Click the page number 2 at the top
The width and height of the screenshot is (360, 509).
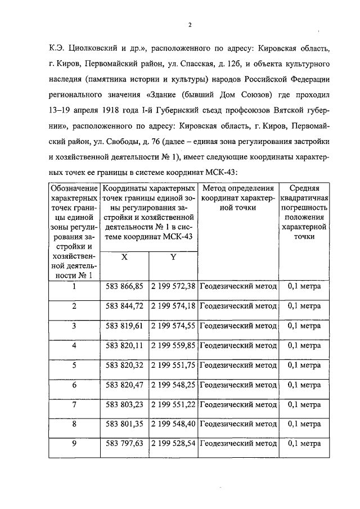click(190, 25)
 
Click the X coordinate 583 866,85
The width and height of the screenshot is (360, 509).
click(125, 286)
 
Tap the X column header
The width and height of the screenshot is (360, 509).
click(125, 256)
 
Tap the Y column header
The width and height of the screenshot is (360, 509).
click(173, 256)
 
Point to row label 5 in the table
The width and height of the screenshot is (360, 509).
click(74, 365)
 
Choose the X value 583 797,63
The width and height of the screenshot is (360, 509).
click(125, 444)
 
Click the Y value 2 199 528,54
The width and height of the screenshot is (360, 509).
click(173, 444)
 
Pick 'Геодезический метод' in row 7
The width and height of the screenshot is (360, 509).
click(238, 404)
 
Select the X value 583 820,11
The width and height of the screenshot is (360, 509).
click(125, 345)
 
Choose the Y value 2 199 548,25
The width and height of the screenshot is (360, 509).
click(173, 385)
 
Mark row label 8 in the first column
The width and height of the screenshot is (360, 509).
click(74, 424)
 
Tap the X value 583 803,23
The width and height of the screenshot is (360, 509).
click(125, 404)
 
